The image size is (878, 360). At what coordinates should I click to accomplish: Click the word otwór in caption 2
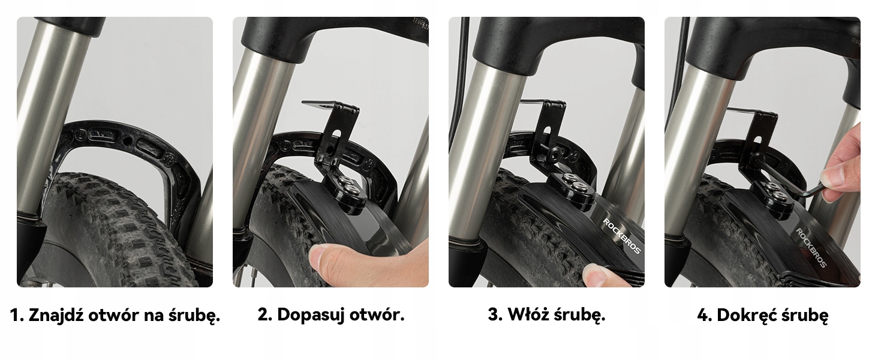click(377, 315)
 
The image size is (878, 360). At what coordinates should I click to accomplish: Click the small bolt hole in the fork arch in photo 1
click(127, 140)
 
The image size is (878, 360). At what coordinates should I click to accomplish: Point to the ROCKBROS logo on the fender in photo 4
click(812, 248)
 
